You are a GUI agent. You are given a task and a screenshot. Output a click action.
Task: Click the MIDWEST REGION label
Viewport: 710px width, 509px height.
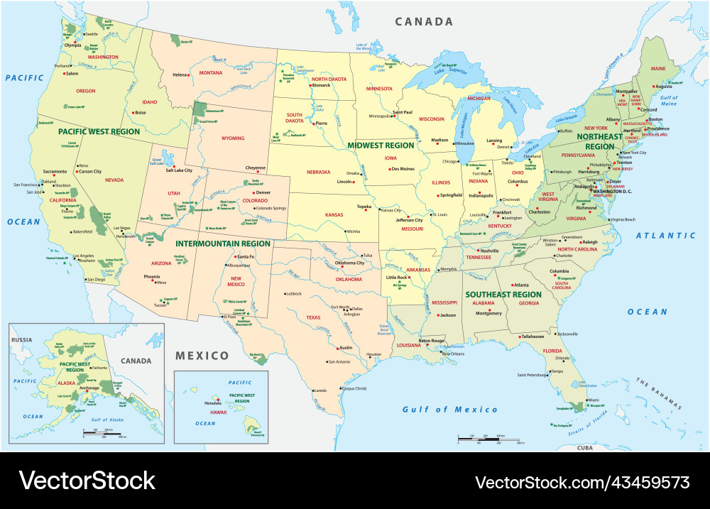pos(380,145)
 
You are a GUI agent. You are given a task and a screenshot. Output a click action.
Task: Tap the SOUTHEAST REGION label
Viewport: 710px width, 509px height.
pos(503,294)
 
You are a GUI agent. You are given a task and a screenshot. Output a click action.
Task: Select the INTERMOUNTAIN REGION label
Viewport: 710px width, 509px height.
pos(223,243)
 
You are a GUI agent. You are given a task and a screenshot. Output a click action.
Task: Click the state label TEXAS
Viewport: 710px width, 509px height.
pos(313,318)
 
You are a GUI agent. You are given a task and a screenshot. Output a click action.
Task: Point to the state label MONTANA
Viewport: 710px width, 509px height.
pos(210,72)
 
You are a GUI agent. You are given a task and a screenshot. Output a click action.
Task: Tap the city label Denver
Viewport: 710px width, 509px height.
pos(263,192)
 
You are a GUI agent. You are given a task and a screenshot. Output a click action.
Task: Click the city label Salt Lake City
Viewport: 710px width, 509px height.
pos(180,170)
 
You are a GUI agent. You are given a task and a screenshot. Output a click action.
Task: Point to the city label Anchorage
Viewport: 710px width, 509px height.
pos(89,388)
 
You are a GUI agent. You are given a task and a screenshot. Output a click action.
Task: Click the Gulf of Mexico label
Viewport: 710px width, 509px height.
pos(450,410)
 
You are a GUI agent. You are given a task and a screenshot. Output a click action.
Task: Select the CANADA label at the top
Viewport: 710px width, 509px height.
pos(424,22)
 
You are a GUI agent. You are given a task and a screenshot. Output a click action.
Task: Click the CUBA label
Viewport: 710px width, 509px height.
pos(585,447)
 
